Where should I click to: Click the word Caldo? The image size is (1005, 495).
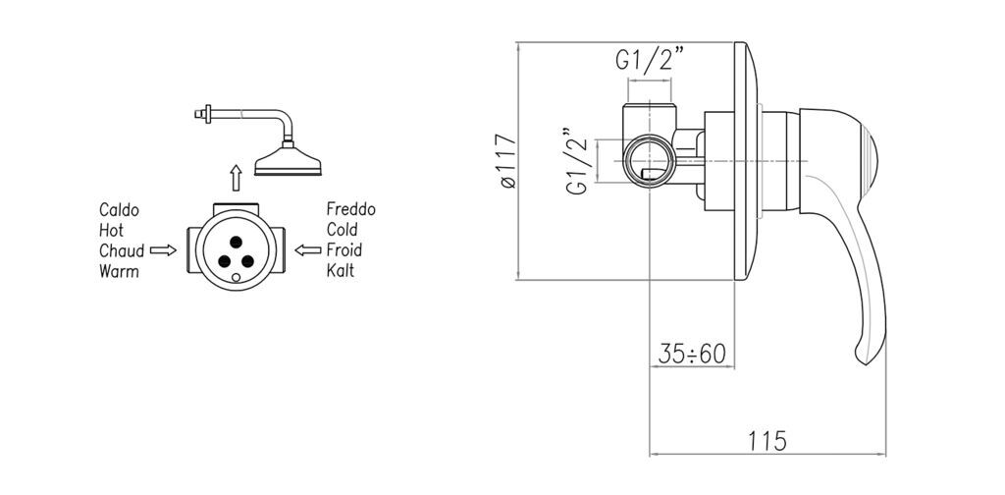[x=119, y=209]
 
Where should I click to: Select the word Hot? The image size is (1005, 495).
[x=112, y=230]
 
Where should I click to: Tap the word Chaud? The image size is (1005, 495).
[x=122, y=250]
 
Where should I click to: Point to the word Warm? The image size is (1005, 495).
[x=119, y=271]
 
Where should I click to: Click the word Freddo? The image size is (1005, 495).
[x=351, y=209]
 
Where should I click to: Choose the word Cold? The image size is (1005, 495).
[x=343, y=230]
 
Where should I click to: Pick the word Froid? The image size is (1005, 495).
[x=344, y=250]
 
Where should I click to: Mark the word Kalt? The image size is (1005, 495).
[x=341, y=271]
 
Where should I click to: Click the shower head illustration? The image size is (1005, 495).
[x=288, y=163]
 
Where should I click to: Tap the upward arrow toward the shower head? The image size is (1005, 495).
[x=236, y=178]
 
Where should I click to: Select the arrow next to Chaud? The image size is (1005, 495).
[x=163, y=250]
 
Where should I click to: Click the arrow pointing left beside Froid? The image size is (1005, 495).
[x=307, y=250]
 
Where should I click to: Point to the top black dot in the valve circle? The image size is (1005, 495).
[x=236, y=242]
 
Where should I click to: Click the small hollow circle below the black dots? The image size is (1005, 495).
[x=236, y=278]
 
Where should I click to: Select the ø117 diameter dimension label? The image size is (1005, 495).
[x=506, y=161]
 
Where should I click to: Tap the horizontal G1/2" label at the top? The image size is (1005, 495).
[x=650, y=60]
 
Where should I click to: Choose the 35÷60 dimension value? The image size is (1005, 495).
[x=692, y=354]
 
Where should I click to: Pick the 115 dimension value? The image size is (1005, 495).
[x=767, y=441]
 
